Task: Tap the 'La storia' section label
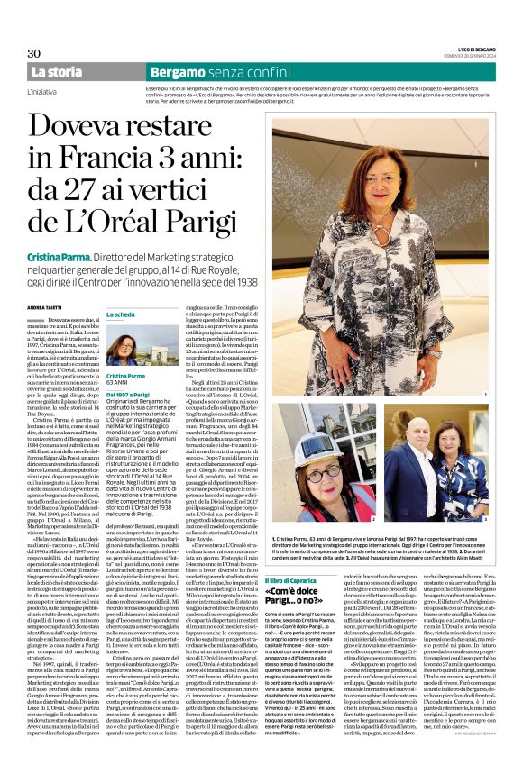(x=57, y=71)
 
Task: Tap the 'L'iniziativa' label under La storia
(x=44, y=90)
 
